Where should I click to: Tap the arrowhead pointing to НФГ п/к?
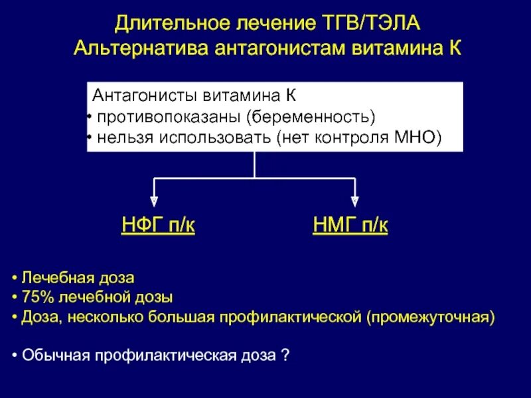tap(154, 199)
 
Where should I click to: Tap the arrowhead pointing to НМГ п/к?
tap(354, 199)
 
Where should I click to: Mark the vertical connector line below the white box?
tap(255, 165)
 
